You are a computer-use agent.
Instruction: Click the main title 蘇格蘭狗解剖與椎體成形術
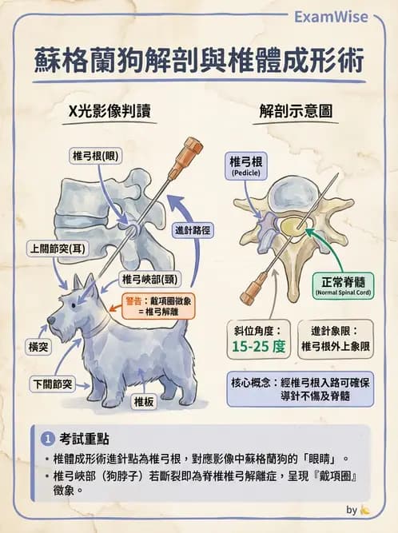[200, 61]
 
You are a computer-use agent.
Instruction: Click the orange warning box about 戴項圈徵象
[162, 307]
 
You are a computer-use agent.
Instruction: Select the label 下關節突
[52, 384]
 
